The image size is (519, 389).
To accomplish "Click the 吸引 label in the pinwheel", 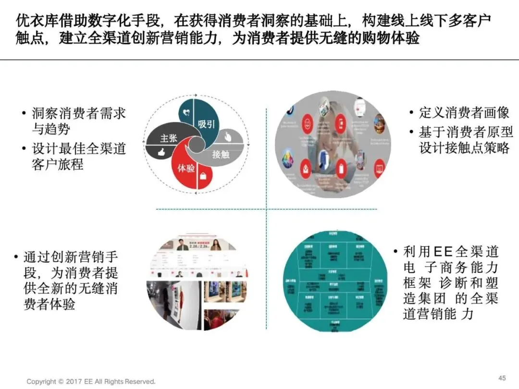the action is pyautogui.click(x=206, y=124).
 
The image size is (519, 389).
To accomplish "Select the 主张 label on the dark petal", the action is pyautogui.click(x=169, y=138).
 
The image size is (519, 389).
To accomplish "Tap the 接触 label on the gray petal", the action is pyautogui.click(x=221, y=154).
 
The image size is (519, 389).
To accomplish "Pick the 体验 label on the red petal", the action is pyautogui.click(x=186, y=168).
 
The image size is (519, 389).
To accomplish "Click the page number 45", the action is pyautogui.click(x=503, y=377).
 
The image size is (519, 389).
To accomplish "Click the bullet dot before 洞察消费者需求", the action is pyautogui.click(x=24, y=114).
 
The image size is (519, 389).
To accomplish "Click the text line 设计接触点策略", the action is pyautogui.click(x=464, y=147).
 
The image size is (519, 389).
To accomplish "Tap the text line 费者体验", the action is pyautogui.click(x=49, y=304).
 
